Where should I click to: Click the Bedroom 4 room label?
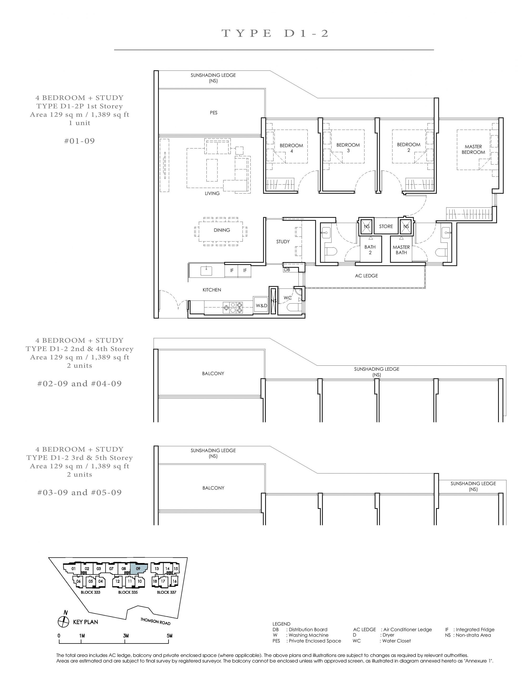tap(291, 148)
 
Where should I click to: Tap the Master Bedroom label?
tap(473, 149)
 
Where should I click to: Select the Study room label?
tap(283, 242)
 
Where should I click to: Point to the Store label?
tap(386, 226)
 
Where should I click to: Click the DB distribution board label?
tap(287, 270)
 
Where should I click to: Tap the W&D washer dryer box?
tap(261, 305)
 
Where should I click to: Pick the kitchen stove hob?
tap(233, 308)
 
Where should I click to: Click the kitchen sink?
tap(206, 271)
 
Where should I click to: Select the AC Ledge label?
tap(366, 276)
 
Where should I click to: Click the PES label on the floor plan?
tap(213, 113)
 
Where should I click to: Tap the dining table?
tap(221, 231)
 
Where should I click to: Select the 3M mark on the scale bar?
tap(125, 635)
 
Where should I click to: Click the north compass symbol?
tap(64, 621)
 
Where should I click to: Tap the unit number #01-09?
tap(79, 141)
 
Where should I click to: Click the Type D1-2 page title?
tap(275, 33)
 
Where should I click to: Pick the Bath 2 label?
tap(370, 250)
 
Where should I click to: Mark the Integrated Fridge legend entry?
tap(470, 630)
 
